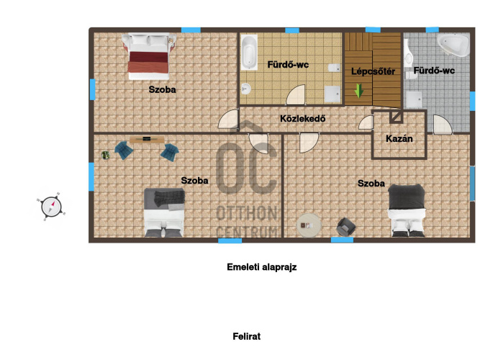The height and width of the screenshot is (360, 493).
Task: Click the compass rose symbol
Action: point(51,207)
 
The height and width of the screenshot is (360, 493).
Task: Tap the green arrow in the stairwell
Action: point(358,91)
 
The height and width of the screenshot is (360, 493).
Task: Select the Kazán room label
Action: point(399,139)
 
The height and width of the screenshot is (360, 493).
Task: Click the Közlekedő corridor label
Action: point(302,119)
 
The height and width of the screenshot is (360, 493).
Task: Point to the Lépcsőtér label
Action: point(373,71)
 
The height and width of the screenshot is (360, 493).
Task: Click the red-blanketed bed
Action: point(148,57)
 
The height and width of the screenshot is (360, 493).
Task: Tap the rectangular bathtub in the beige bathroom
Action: point(249,53)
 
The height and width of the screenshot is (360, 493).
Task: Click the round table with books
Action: point(309,225)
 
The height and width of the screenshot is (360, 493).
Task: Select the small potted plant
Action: point(105,155)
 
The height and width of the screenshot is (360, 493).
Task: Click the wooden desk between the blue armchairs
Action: point(147,139)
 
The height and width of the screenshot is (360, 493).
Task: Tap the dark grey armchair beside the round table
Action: point(346,227)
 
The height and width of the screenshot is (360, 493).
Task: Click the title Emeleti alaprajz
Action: point(261,267)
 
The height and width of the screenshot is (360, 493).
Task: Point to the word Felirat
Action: point(246,336)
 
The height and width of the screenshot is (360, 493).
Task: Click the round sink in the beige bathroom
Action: point(246,89)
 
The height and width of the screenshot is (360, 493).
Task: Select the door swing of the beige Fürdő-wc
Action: point(295,94)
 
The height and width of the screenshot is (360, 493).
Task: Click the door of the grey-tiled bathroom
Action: point(443,124)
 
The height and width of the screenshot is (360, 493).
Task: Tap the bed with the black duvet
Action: point(406,210)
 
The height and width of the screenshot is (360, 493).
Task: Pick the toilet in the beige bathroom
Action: point(334,68)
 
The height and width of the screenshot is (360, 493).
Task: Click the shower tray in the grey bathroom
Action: point(414,99)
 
